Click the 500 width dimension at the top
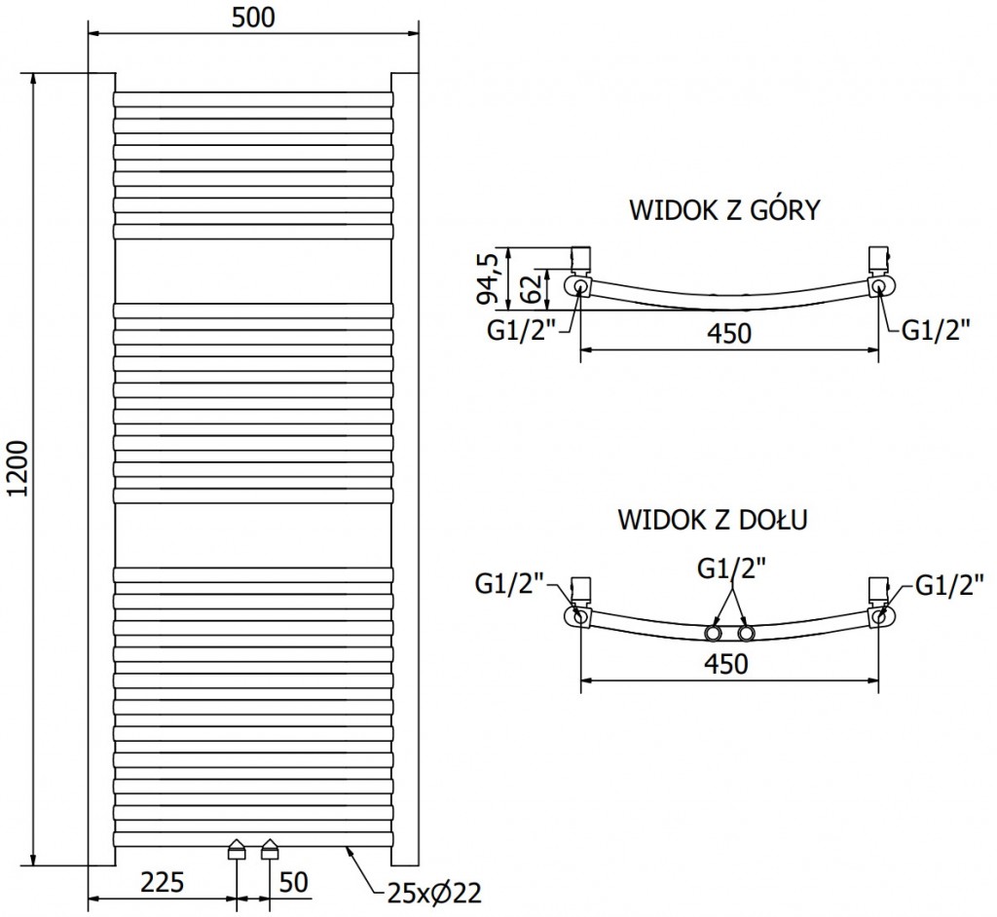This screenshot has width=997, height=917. click(254, 18)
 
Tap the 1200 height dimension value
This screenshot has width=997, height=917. click(18, 468)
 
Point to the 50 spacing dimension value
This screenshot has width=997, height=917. click(294, 883)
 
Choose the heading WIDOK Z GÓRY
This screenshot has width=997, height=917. click(725, 210)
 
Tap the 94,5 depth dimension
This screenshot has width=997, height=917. click(492, 276)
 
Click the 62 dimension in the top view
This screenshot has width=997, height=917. click(531, 289)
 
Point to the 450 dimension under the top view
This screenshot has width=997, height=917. click(729, 333)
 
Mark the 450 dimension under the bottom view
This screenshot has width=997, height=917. click(727, 664)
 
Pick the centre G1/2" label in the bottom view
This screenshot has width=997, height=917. click(731, 569)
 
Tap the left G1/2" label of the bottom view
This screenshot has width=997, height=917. click(509, 584)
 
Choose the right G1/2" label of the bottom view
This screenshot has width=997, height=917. click(949, 584)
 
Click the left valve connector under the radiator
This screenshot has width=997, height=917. click(237, 850)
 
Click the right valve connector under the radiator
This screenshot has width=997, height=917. click(270, 850)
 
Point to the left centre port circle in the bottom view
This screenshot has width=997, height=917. click(714, 635)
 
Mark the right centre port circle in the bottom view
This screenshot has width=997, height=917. click(746, 635)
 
